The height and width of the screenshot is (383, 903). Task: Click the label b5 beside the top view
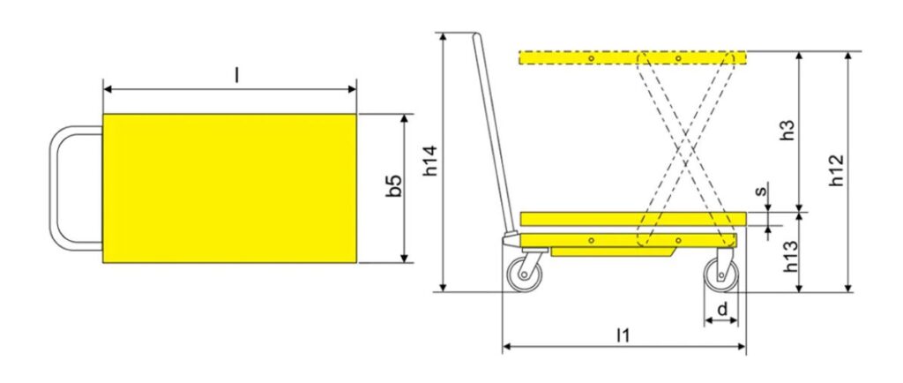pos(394,187)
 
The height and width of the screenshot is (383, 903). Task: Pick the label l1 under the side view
pos(623,334)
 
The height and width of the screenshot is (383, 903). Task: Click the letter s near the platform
pos(762,191)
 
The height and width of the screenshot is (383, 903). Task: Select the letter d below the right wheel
pos(721,309)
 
